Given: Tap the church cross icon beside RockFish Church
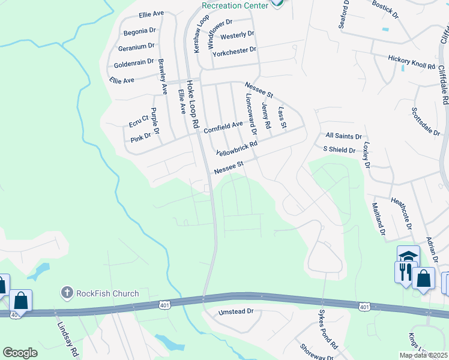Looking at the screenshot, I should coord(67,293).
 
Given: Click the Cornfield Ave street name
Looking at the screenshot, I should coord(223,127).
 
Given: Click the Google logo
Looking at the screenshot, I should coord(20,353).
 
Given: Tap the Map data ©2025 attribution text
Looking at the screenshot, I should coord(423,355).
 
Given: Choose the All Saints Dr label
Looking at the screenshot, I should coord(344,136).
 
